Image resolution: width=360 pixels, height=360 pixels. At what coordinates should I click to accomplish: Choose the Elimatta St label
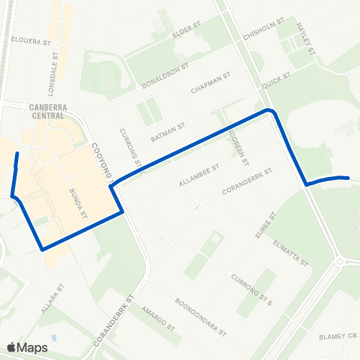[292, 254]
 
